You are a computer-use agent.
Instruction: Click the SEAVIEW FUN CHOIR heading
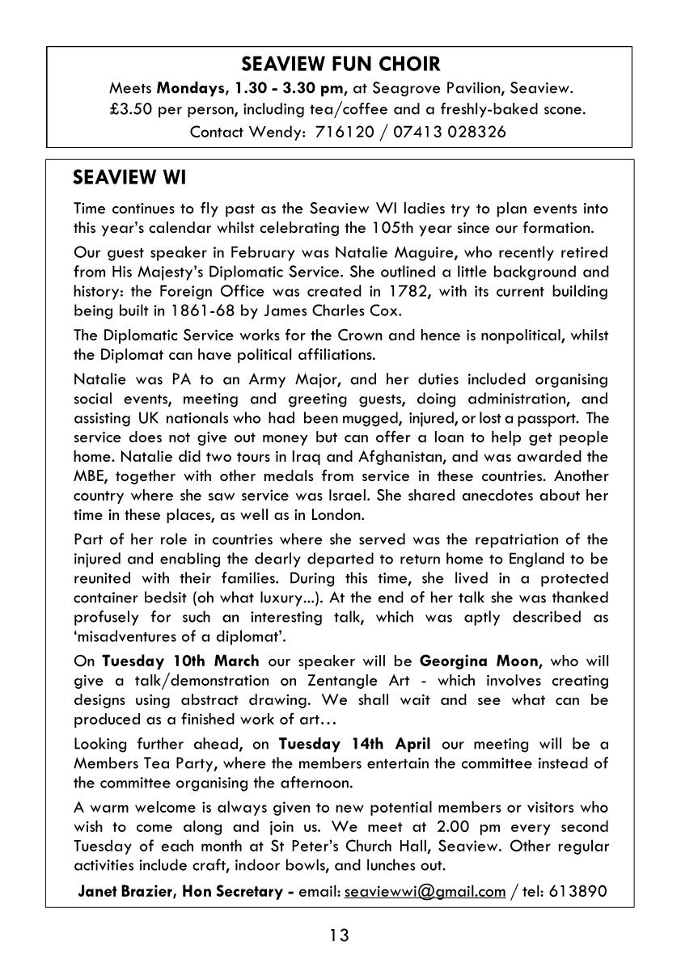pos(340,65)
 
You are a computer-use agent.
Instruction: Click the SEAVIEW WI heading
pos(129,176)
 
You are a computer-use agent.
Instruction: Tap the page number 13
pos(340,936)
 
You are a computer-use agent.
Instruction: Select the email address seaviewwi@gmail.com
pos(425,892)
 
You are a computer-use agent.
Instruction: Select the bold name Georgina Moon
pos(480,661)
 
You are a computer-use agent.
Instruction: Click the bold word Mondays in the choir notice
pos(187,87)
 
